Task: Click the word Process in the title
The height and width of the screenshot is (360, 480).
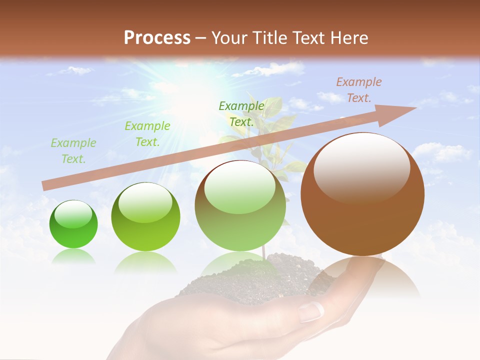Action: pos(157,37)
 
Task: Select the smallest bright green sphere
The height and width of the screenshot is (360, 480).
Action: pos(73,224)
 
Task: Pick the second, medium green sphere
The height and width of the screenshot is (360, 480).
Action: pos(145,216)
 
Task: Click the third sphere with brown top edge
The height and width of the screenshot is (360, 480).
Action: pos(240,205)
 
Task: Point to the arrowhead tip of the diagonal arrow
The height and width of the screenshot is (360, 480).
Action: pos(415,107)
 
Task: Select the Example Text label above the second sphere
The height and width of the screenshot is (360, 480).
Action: pos(147,134)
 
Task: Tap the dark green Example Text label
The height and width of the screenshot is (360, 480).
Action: pos(241,113)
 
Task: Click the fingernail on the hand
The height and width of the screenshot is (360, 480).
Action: pos(311,312)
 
